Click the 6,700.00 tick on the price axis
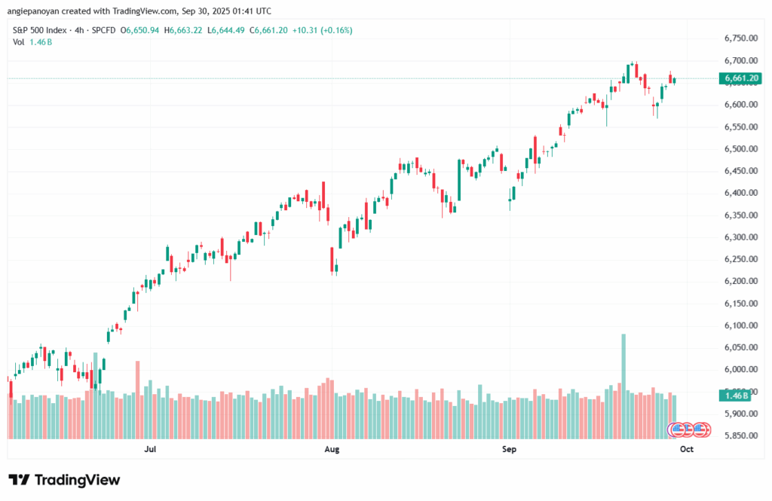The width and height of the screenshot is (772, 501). tap(738, 60)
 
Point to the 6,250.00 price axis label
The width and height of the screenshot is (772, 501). tap(738, 259)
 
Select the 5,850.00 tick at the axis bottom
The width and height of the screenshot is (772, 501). tap(738, 436)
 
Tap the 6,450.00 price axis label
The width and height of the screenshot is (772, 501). tap(738, 171)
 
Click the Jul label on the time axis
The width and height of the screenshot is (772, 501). tap(150, 450)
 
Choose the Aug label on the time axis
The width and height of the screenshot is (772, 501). tap(331, 450)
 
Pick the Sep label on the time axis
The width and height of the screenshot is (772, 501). tap(509, 450)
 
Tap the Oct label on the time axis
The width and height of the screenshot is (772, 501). tap(686, 450)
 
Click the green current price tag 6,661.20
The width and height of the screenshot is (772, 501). tap(740, 78)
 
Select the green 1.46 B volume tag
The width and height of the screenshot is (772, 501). tap(736, 395)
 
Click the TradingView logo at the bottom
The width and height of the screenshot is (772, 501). tap(64, 480)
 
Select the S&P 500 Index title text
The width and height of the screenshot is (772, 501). tap(38, 30)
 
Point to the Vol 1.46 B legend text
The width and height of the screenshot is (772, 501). tap(32, 41)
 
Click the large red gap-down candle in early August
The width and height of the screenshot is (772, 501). tap(332, 258)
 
